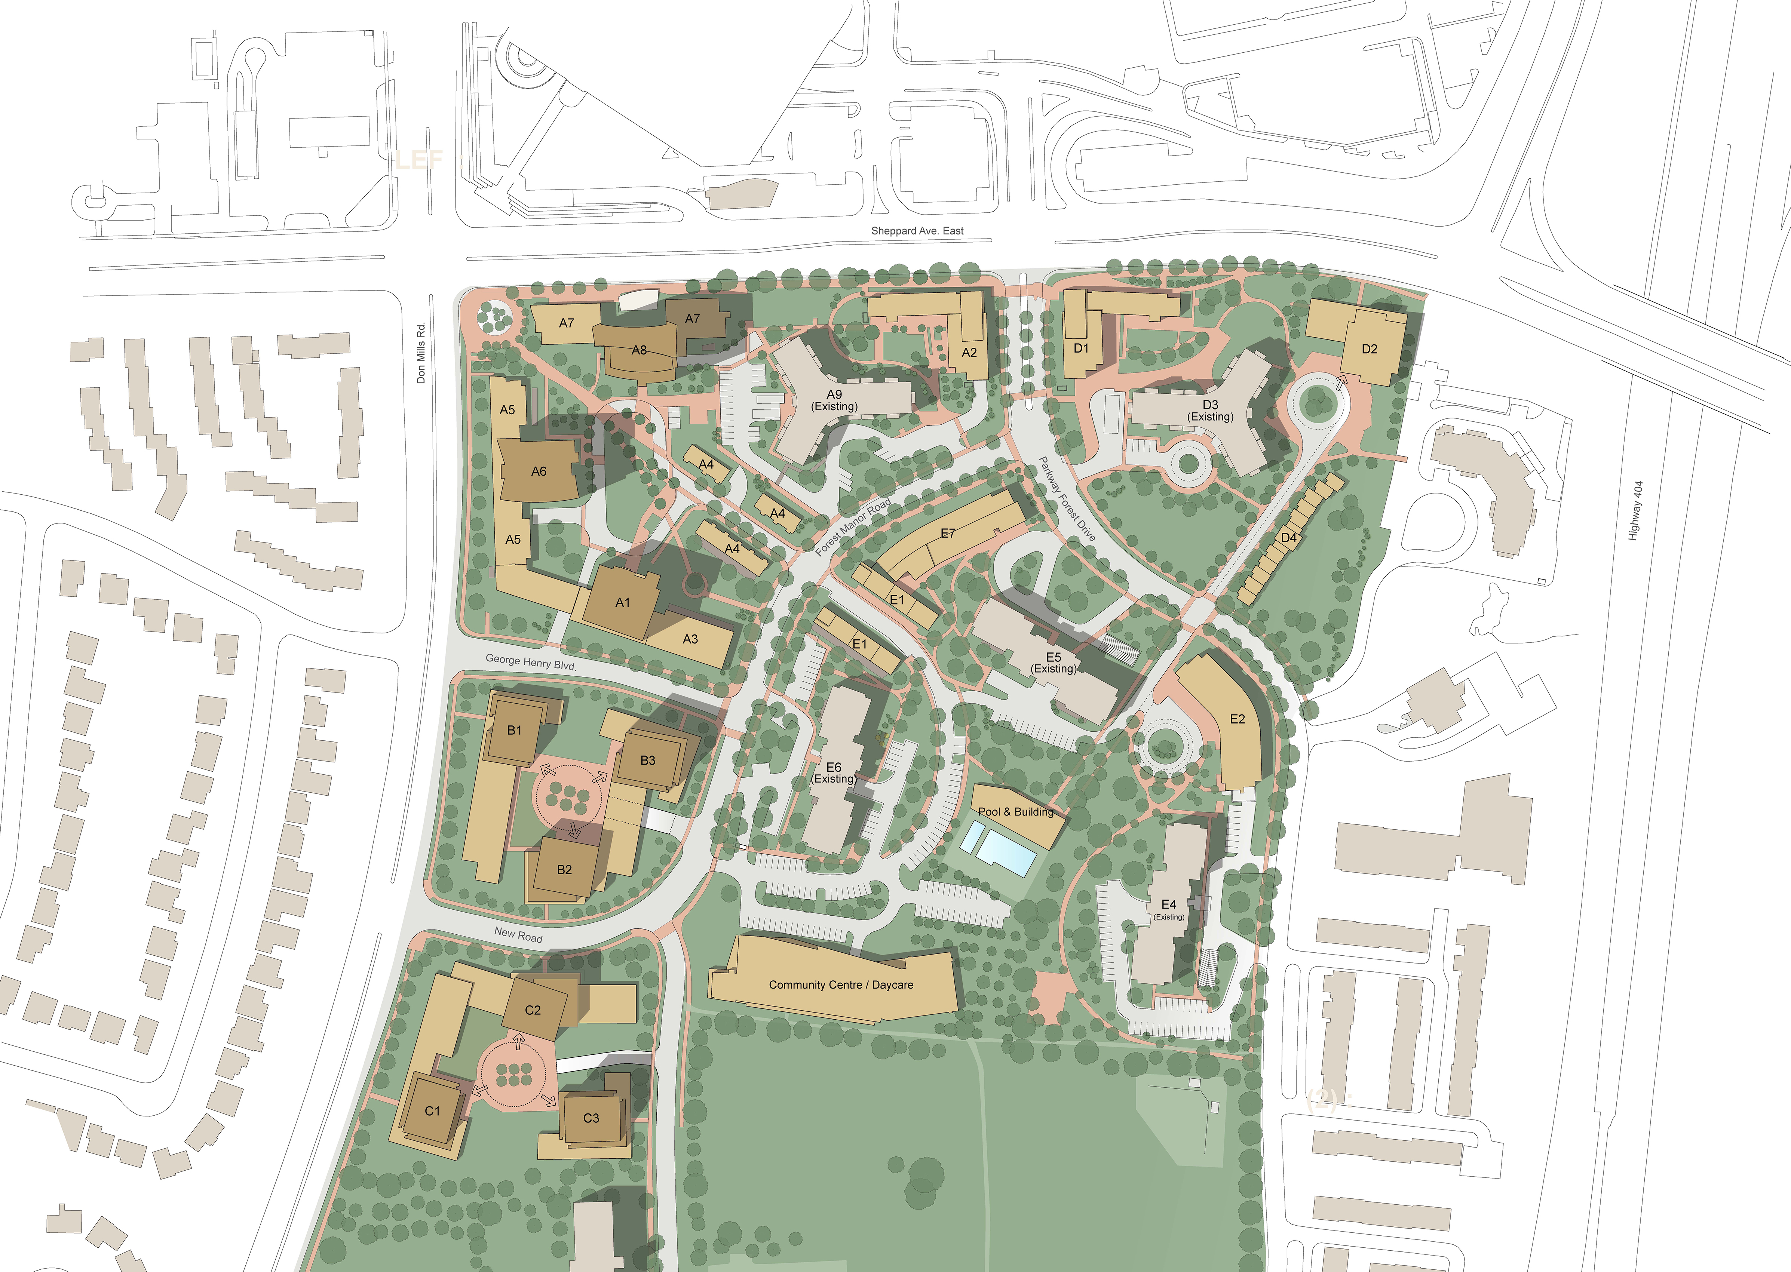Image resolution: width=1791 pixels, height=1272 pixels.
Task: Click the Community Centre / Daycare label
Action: point(841,984)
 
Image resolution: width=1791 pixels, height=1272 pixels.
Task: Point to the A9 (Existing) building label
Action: point(834,400)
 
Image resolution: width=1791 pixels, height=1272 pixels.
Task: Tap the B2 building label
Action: point(564,869)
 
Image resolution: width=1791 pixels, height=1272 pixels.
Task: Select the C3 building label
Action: point(592,1118)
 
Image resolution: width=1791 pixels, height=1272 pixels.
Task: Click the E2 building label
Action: point(1237,719)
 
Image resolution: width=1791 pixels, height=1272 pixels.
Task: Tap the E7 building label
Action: point(948,534)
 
